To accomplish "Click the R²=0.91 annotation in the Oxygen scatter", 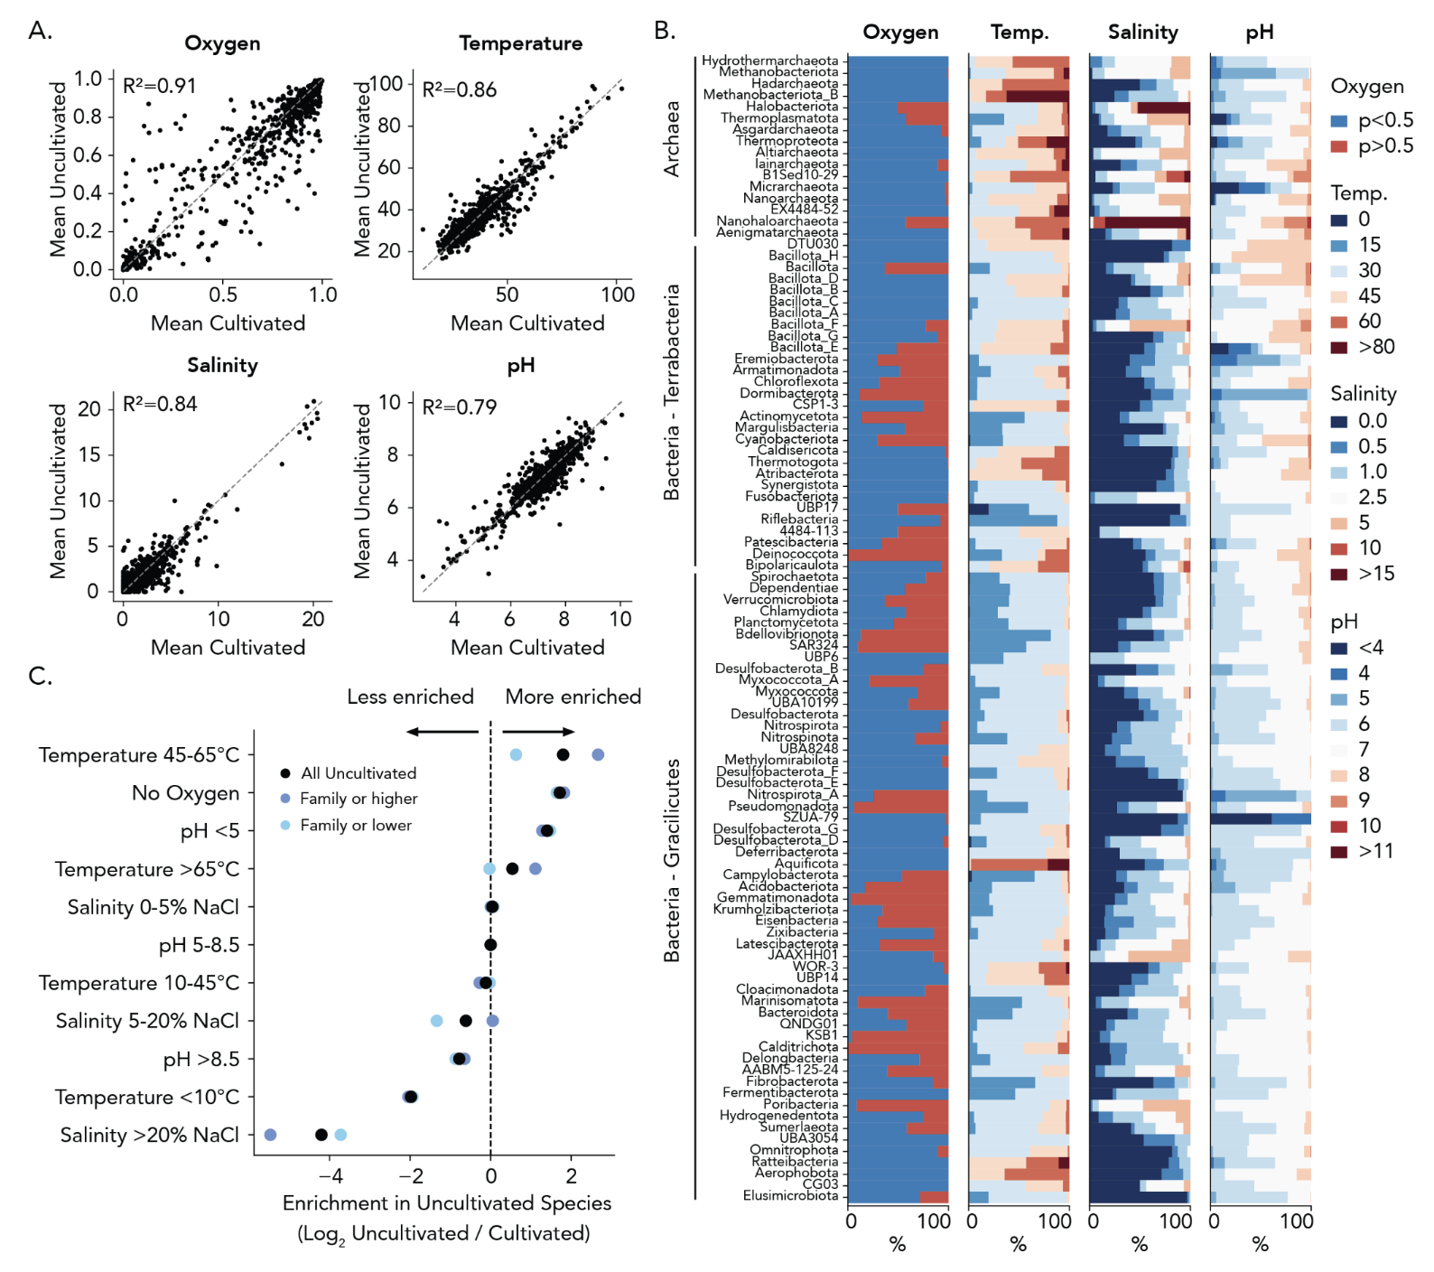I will [x=159, y=86].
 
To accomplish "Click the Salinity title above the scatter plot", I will [x=222, y=365].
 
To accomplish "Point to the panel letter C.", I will [x=40, y=676].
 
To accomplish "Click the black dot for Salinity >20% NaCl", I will [x=321, y=1135].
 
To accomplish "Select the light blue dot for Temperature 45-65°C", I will [x=516, y=754].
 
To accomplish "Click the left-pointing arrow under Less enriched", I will [x=442, y=732].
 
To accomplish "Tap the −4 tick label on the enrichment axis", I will [x=332, y=1175].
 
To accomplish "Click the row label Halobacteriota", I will [x=792, y=107].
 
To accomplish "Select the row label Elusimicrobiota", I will [x=790, y=1196].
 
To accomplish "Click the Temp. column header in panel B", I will [x=1020, y=33].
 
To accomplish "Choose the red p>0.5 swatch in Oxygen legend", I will [x=1339, y=146].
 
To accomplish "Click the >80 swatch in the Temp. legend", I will [x=1339, y=347].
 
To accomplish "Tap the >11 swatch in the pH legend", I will [x=1339, y=851].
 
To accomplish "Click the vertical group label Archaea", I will [x=672, y=138].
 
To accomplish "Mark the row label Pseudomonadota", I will [x=783, y=806].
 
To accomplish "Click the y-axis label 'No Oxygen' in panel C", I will [x=186, y=793].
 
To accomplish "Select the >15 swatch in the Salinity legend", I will [x=1339, y=574].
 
